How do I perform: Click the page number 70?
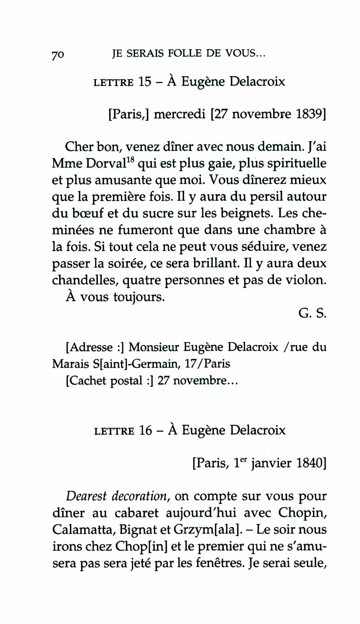tap(58, 55)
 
